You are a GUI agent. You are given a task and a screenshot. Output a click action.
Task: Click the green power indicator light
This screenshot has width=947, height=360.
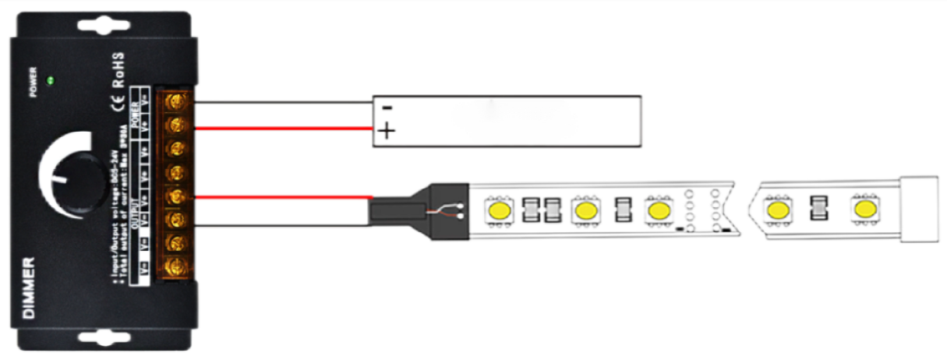(x=51, y=79)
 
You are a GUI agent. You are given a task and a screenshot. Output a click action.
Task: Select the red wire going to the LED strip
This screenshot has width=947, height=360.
(x=281, y=197)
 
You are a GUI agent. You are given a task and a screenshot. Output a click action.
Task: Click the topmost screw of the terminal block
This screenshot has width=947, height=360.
(x=177, y=101)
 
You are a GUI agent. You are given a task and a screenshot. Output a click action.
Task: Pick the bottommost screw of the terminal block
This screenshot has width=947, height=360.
(x=177, y=266)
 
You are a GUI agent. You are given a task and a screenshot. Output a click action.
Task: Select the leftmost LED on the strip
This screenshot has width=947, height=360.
(x=498, y=209)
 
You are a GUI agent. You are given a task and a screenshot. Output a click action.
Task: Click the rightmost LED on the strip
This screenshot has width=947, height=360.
(x=863, y=210)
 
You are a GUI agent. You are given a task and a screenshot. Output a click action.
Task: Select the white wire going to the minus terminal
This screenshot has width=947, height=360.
(x=281, y=101)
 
